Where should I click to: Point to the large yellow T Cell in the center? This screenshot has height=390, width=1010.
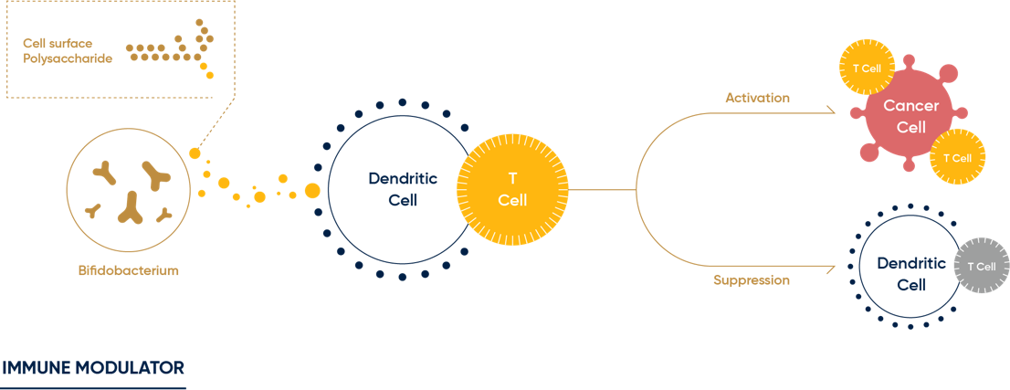point(511,189)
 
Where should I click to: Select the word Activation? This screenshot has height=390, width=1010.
point(757,98)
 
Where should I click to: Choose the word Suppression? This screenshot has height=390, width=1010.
point(751,280)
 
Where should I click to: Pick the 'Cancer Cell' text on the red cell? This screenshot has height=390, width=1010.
point(910,118)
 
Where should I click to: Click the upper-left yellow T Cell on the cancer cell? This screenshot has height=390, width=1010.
point(866,69)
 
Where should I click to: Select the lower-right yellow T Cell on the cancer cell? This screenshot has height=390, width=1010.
point(957,157)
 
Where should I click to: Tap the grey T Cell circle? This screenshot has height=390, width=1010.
point(981,267)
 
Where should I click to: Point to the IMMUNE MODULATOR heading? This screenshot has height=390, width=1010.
point(93,368)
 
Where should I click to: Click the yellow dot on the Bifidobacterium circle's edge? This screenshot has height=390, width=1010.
point(195,153)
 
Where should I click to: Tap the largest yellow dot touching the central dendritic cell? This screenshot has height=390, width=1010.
point(312,190)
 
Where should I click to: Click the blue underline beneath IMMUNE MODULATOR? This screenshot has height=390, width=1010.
point(93,387)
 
